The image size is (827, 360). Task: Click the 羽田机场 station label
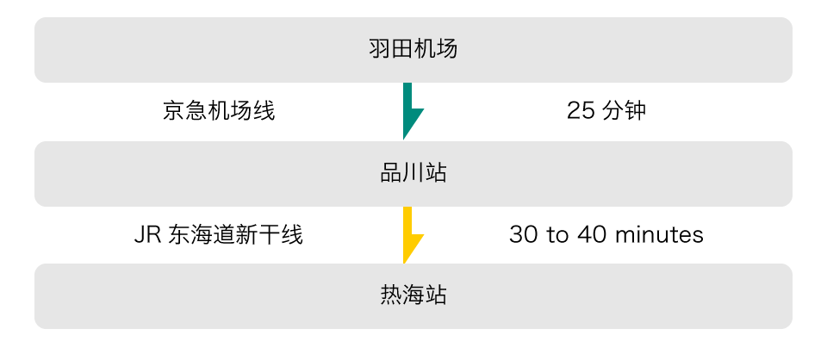(413, 49)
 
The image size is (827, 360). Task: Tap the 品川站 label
(413, 173)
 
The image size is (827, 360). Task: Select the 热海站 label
(413, 295)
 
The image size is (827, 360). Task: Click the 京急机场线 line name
(219, 111)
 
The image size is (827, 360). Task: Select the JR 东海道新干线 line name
(219, 234)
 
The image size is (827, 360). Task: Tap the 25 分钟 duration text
(606, 111)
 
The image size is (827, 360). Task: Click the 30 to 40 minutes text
(606, 234)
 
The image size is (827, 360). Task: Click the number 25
(579, 111)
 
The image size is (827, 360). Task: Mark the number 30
(523, 234)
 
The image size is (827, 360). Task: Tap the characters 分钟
(624, 111)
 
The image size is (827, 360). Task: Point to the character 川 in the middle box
(413, 173)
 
